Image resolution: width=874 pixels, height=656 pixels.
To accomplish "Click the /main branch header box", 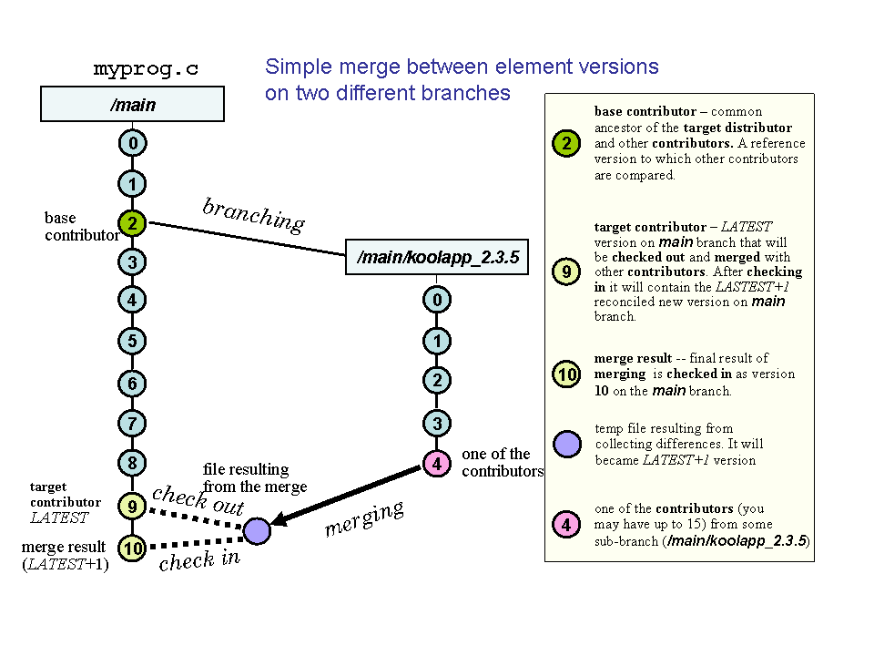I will pyautogui.click(x=132, y=104).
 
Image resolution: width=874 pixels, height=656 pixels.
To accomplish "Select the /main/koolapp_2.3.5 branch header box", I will pyautogui.click(x=438, y=258).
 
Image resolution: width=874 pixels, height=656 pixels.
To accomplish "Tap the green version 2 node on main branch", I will pyautogui.click(x=132, y=223).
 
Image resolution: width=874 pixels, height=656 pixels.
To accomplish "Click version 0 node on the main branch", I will pyautogui.click(x=132, y=143).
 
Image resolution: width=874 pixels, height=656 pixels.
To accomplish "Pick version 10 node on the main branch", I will pyautogui.click(x=133, y=548).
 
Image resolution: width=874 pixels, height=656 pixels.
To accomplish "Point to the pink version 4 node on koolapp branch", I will pyautogui.click(x=437, y=464).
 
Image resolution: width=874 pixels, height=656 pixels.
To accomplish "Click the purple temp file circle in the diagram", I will pyautogui.click(x=258, y=530).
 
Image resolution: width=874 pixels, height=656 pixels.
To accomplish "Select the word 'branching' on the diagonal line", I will pyautogui.click(x=253, y=214).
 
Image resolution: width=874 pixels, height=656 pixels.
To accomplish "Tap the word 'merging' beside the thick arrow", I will pyautogui.click(x=364, y=519).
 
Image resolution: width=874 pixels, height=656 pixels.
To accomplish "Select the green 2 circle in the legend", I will pyautogui.click(x=566, y=143).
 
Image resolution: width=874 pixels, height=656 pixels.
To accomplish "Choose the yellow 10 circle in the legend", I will pyautogui.click(x=566, y=374).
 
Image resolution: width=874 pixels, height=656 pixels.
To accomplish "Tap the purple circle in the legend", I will pyautogui.click(x=566, y=444).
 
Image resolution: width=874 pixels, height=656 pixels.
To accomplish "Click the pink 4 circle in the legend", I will pyautogui.click(x=566, y=525).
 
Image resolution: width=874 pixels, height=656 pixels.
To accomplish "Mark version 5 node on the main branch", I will pyautogui.click(x=132, y=342).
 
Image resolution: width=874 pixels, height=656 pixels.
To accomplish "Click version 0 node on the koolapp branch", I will pyautogui.click(x=437, y=300).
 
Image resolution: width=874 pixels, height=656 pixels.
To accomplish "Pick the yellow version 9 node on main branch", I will pyautogui.click(x=132, y=505).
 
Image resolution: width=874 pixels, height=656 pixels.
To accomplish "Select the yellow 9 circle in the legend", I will pyautogui.click(x=566, y=272).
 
